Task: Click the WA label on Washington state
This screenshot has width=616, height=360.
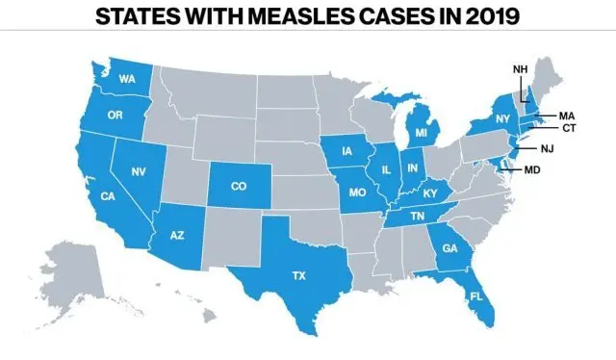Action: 126,79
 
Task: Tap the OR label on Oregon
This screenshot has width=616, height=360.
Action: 114,114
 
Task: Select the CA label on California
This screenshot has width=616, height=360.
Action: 109,196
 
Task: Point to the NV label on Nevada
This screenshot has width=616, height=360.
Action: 139,171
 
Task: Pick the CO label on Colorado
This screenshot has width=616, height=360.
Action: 238,187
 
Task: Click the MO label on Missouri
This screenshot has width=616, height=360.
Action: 357,192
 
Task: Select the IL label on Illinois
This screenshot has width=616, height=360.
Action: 386,170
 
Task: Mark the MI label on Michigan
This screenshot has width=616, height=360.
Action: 421,132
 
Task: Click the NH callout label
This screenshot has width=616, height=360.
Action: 520,69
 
